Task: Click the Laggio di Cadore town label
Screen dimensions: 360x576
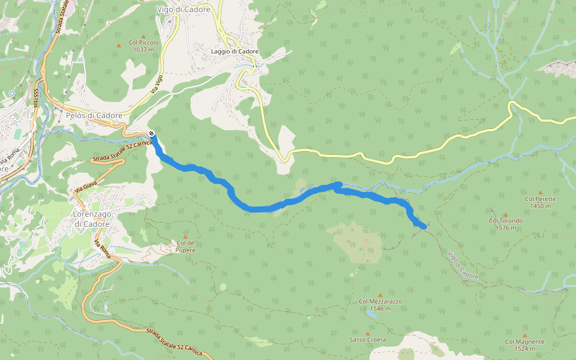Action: [x=235, y=52]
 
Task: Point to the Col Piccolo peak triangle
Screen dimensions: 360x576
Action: [x=143, y=36]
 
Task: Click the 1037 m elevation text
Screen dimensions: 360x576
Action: [x=143, y=50]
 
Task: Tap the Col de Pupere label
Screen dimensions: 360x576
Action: [x=185, y=246]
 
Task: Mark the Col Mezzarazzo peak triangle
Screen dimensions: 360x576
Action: [x=380, y=295]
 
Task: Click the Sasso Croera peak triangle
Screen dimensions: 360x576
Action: [x=368, y=333]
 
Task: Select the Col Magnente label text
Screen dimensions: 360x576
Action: [x=524, y=341]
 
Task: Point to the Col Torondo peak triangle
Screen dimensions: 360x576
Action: [x=505, y=214]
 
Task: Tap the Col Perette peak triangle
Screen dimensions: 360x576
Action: [x=540, y=193]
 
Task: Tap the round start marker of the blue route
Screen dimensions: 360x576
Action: [x=151, y=133]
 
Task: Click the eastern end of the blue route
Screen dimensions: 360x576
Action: [x=425, y=226]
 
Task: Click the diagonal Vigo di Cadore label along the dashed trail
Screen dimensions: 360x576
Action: [x=463, y=265]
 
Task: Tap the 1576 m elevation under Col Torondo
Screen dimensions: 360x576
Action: [x=505, y=227]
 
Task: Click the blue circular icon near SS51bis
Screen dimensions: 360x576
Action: [x=11, y=94]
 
